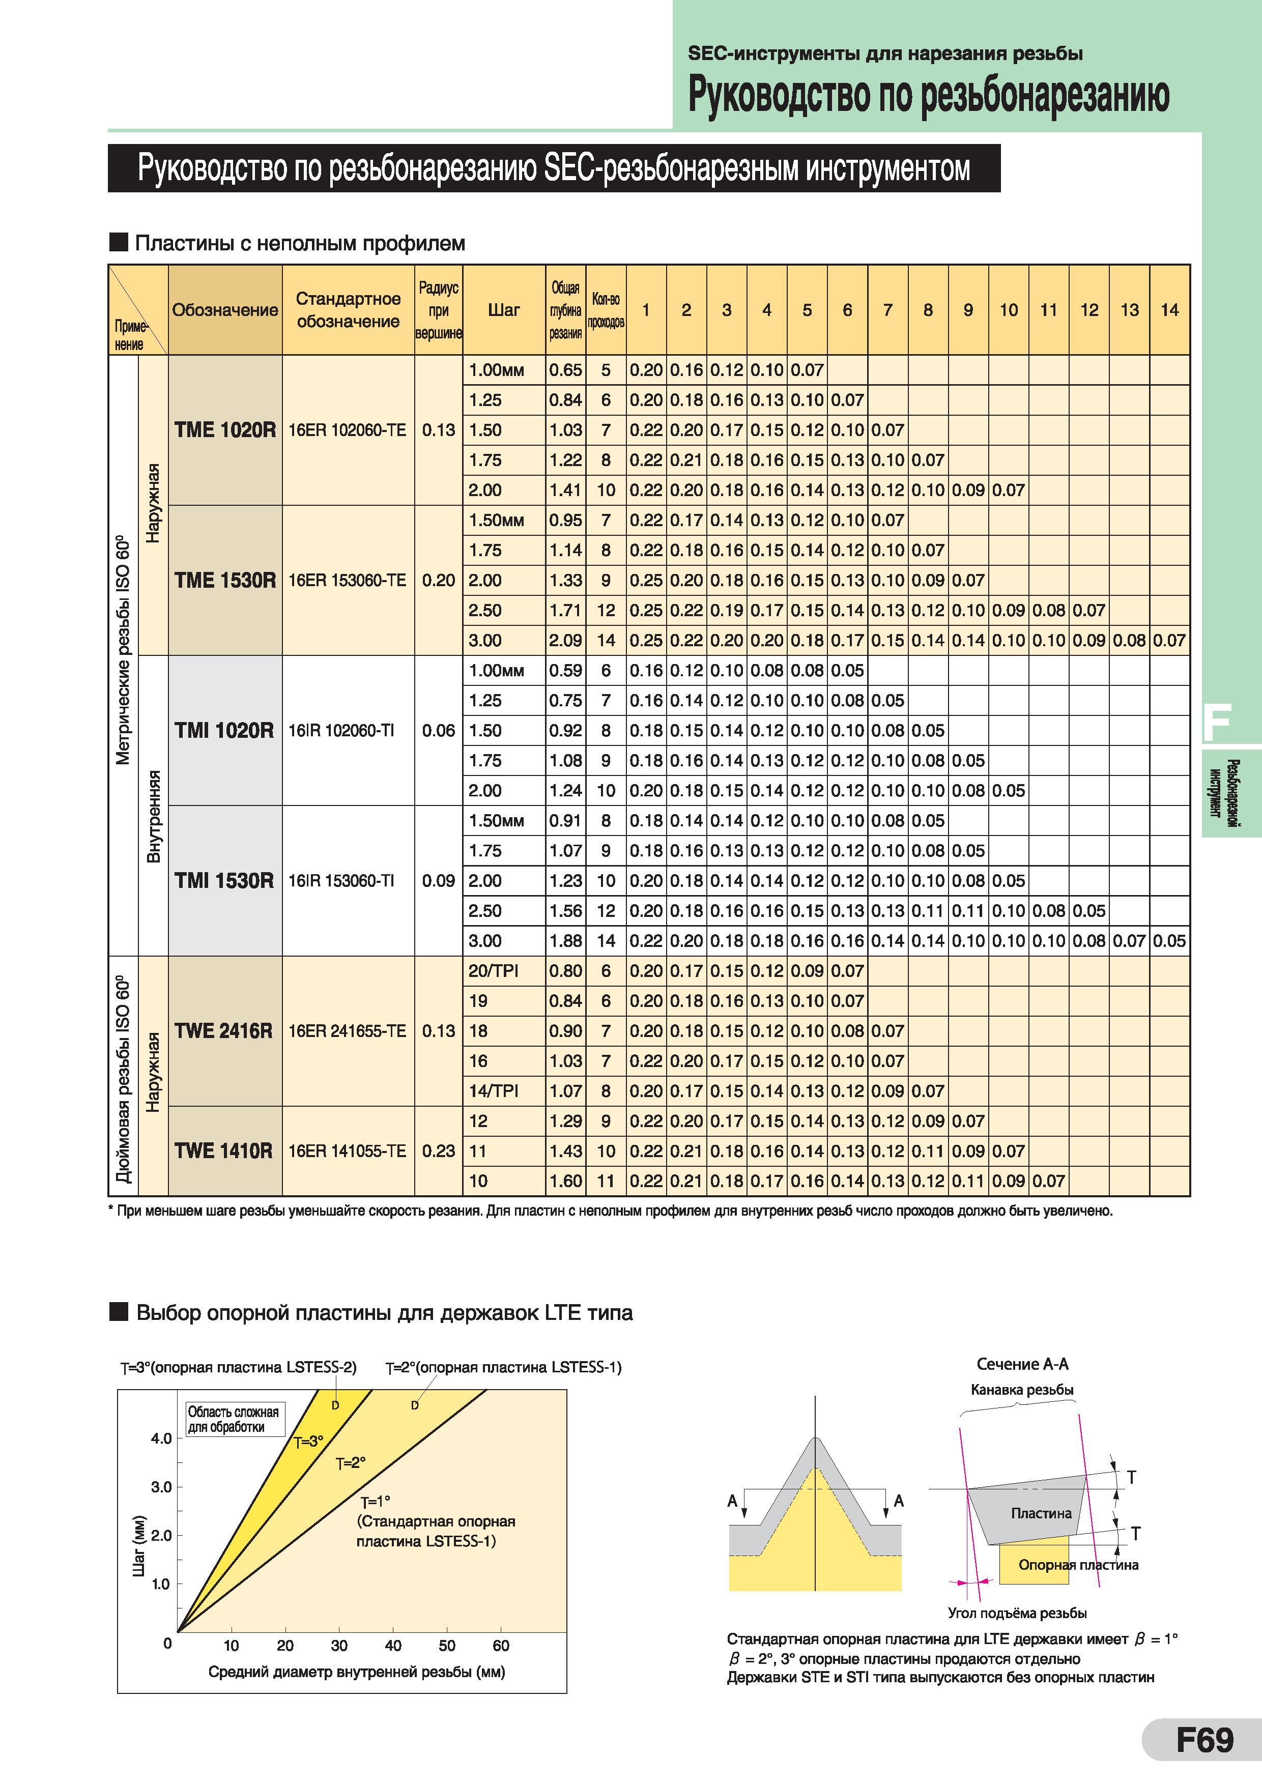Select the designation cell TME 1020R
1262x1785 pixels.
225,430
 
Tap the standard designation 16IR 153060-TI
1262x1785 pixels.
341,881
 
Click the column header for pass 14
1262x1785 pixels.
1169,310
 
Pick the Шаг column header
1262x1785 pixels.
504,310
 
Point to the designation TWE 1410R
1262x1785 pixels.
224,1150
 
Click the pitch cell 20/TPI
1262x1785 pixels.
494,971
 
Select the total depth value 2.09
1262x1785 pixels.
565,641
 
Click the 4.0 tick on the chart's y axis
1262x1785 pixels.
161,1438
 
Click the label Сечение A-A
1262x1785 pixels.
1022,1364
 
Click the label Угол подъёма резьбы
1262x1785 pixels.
1017,1613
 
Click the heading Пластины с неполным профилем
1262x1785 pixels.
300,243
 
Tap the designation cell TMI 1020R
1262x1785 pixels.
225,731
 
